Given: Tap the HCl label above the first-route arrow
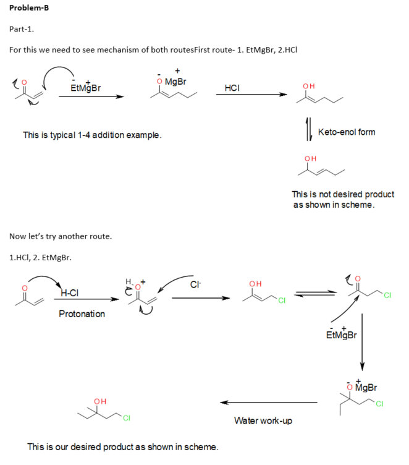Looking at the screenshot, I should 232,88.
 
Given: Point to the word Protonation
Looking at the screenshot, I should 82,314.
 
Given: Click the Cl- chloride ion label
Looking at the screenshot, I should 195,285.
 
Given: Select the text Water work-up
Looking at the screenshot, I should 263,420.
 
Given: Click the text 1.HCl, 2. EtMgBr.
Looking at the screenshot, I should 41,257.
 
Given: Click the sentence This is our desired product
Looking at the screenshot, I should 122,446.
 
